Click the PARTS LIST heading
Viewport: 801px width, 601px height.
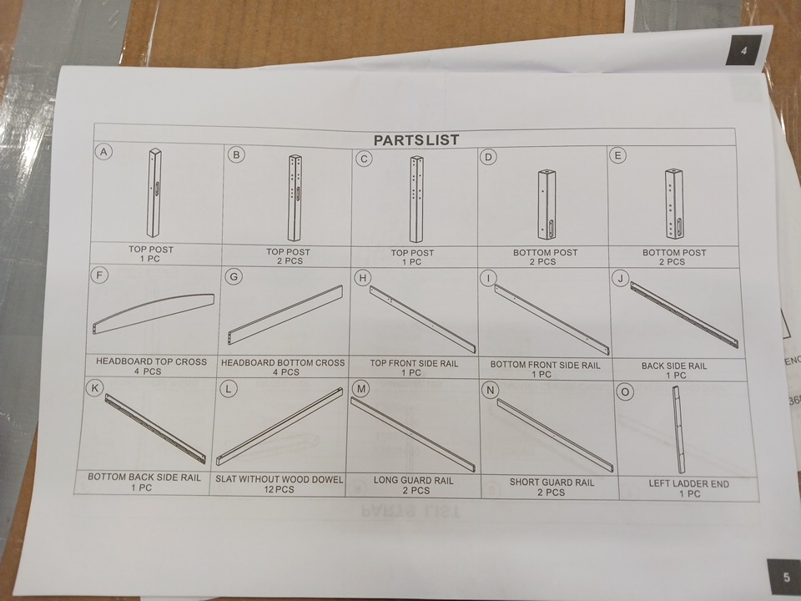click(416, 140)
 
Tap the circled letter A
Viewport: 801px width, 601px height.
click(103, 152)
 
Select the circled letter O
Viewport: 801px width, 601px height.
click(625, 392)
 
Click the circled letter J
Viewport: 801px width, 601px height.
click(620, 279)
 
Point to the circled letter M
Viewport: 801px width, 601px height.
click(361, 389)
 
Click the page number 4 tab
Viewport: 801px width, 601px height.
click(743, 50)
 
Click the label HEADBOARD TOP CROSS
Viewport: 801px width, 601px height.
click(151, 361)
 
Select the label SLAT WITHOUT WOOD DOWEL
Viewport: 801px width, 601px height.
click(279, 479)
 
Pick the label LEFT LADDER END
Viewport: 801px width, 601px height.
click(688, 483)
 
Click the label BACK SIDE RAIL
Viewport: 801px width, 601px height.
click(674, 366)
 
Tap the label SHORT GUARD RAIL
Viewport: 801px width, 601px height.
click(552, 482)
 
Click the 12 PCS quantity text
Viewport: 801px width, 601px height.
click(279, 489)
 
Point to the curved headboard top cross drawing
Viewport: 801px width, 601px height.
click(153, 313)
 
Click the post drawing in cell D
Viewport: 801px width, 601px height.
click(547, 205)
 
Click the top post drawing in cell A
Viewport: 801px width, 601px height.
click(154, 193)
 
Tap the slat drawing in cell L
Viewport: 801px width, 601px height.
click(279, 427)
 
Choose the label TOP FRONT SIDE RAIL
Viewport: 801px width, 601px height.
click(414, 363)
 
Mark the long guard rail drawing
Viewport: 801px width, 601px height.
click(413, 434)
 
